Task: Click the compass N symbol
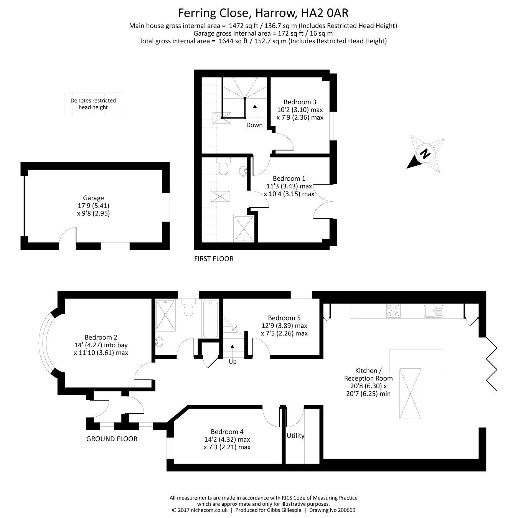coord(425,153)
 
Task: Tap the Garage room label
coord(93,198)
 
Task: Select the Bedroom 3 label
coord(300,102)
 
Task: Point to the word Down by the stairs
coord(254,125)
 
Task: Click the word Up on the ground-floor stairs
coord(233,362)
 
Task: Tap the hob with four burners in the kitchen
coord(393,310)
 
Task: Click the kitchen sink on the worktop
coord(434,311)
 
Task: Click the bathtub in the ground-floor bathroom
coord(211,318)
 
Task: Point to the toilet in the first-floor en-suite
coord(223,166)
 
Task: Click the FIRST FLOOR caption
coord(214,259)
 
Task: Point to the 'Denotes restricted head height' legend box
coord(94,104)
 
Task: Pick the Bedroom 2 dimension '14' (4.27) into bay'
coord(101,345)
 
